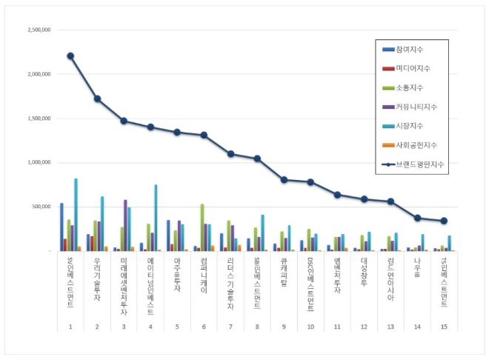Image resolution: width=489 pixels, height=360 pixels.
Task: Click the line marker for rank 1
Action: click(x=70, y=56)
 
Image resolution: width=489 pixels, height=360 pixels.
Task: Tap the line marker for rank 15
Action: click(x=444, y=221)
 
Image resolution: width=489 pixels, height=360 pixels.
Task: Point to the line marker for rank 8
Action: click(x=257, y=159)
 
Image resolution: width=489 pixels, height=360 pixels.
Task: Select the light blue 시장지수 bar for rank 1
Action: click(x=76, y=215)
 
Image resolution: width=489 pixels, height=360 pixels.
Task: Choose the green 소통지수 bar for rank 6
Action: click(x=202, y=227)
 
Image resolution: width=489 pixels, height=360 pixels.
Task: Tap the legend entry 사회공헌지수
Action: click(x=416, y=145)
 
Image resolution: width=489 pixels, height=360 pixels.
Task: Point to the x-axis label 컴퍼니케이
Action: click(x=204, y=274)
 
